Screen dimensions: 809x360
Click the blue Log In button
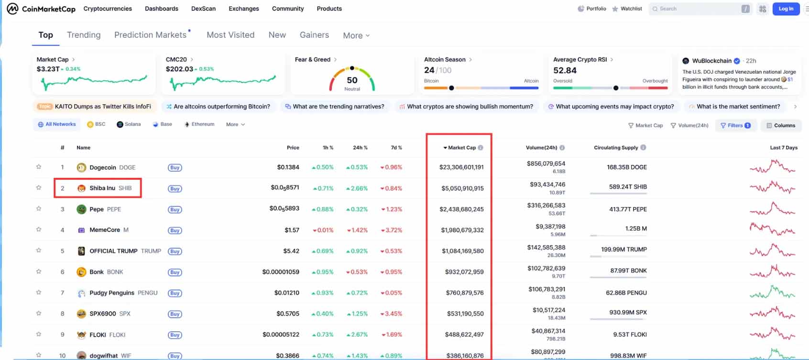click(x=786, y=9)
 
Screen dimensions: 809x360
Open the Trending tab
click(x=83, y=35)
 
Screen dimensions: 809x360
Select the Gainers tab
click(x=314, y=35)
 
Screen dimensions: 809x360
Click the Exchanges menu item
click(x=244, y=9)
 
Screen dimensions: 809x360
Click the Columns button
click(x=781, y=125)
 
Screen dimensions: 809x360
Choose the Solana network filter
click(x=129, y=124)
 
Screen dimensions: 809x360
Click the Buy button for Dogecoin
click(x=175, y=167)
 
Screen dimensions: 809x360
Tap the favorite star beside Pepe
click(x=39, y=209)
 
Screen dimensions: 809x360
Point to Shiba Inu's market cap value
click(x=462, y=188)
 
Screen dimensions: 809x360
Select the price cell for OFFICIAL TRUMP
click(x=291, y=251)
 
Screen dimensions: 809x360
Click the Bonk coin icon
click(x=81, y=272)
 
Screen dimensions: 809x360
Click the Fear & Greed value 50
click(x=352, y=80)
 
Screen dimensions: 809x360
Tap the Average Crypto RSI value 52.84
click(x=565, y=70)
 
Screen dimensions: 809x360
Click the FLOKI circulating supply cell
click(x=630, y=334)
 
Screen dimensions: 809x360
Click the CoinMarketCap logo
click(x=41, y=9)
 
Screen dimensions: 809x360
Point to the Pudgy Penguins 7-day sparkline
click(x=773, y=292)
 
